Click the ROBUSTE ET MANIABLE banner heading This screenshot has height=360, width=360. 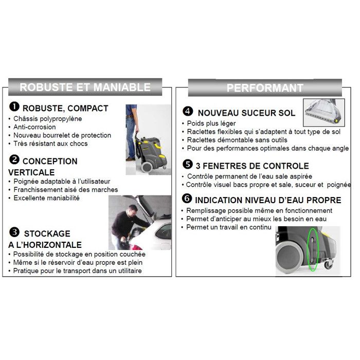85,87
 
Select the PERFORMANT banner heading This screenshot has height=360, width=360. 264,88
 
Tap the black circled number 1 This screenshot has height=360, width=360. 14,107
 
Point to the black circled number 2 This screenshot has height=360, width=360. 14,160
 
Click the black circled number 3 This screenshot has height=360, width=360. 14,232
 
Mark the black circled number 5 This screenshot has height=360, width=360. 188,165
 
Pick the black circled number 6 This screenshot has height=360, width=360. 188,199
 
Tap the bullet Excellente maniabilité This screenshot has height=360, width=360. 46,198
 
